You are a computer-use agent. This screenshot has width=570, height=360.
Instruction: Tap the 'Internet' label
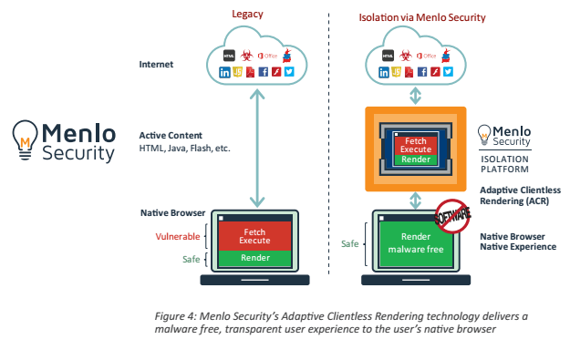pyautogui.click(x=157, y=65)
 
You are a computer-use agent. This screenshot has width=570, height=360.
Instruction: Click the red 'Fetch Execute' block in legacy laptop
pyautogui.click(x=255, y=235)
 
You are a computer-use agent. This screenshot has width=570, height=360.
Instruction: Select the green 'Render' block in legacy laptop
pyautogui.click(x=255, y=257)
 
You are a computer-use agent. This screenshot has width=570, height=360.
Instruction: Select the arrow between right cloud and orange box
pyautogui.click(x=416, y=94)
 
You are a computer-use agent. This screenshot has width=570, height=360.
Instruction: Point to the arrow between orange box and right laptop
pyautogui.click(x=416, y=200)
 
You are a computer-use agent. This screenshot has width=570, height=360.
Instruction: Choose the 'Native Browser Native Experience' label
pyautogui.click(x=518, y=241)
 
